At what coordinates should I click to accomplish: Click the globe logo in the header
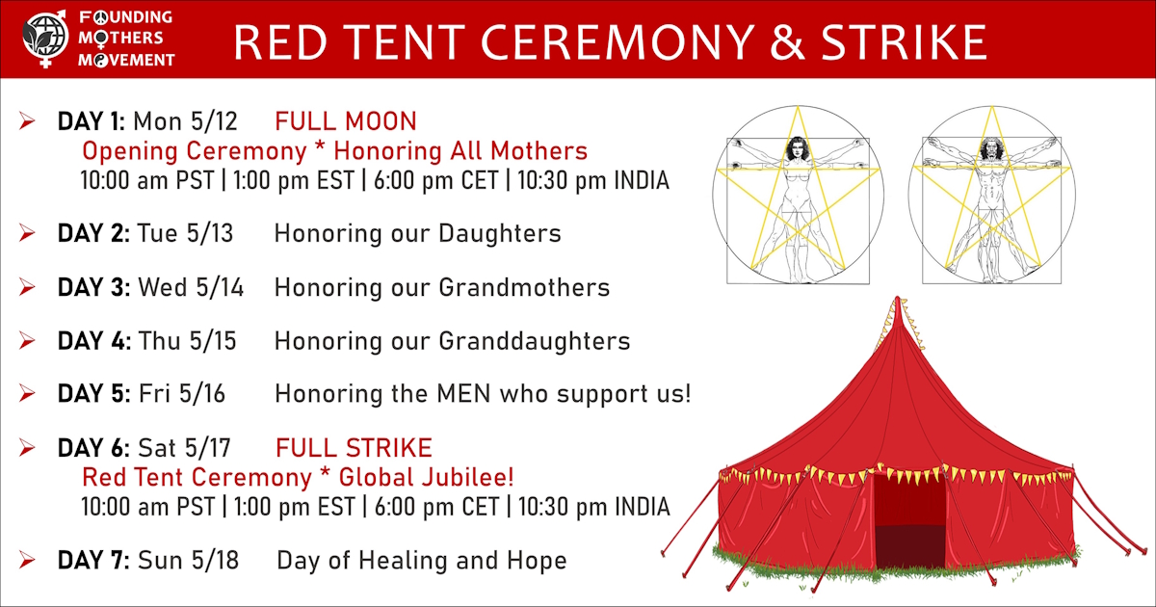point(45,39)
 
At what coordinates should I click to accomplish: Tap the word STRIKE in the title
point(904,42)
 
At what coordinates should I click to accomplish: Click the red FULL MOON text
point(345,121)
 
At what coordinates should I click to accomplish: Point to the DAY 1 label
point(91,121)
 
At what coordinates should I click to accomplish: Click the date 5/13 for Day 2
point(210,233)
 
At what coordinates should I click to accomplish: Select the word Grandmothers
point(524,287)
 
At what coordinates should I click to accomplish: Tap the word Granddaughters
point(534,341)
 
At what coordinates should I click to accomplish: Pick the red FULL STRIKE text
point(354,448)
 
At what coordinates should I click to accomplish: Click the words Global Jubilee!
point(426,478)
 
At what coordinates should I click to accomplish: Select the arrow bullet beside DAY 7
point(27,560)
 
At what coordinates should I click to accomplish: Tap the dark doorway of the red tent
point(908,521)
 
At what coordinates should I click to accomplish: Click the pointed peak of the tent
point(898,300)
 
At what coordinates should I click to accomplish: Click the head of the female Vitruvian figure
point(798,148)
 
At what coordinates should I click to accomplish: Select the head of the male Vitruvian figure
point(991,148)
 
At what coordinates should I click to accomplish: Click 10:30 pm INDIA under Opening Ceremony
point(593,181)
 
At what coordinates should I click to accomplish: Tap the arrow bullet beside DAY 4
point(27,341)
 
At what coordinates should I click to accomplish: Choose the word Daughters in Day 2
point(500,234)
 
